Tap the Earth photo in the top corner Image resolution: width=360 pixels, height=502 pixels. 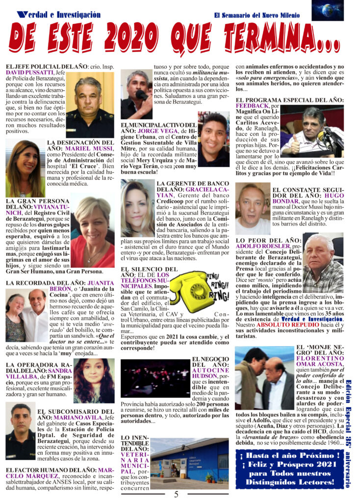328,10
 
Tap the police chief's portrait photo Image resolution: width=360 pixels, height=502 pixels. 90,104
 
